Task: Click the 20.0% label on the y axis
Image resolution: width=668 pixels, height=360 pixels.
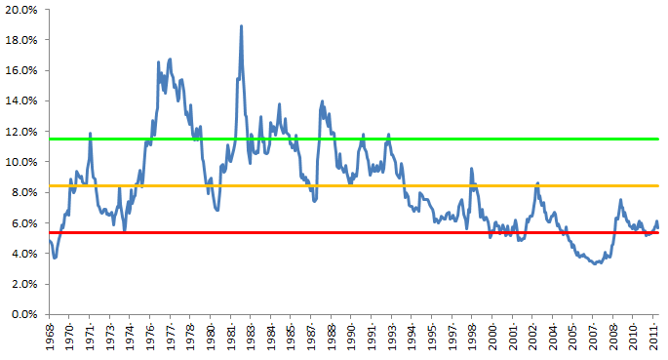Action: click(x=20, y=10)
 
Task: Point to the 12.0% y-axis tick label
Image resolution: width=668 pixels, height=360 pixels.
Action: click(x=20, y=131)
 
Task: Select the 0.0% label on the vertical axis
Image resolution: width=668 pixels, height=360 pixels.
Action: click(x=23, y=314)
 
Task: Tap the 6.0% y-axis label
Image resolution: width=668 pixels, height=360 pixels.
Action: click(x=23, y=222)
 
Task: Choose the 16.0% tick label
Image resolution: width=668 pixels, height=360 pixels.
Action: click(x=20, y=70)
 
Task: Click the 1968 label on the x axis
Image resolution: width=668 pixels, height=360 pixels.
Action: click(x=50, y=338)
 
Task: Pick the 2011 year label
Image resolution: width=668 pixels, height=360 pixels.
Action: click(x=654, y=338)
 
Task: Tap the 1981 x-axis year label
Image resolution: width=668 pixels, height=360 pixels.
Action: click(x=231, y=338)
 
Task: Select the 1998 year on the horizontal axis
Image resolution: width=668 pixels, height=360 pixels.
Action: click(x=472, y=338)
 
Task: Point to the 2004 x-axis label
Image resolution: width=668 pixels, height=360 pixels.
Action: click(x=554, y=338)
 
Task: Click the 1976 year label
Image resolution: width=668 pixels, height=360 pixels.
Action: click(x=150, y=338)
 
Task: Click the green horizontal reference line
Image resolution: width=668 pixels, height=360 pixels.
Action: click(x=390, y=139)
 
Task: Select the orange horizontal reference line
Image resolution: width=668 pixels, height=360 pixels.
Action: click(x=390, y=185)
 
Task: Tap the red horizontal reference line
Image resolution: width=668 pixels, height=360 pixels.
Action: click(x=390, y=232)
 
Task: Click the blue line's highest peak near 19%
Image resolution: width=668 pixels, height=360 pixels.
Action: click(x=241, y=26)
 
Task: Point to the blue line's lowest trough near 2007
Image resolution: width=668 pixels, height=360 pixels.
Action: click(x=596, y=263)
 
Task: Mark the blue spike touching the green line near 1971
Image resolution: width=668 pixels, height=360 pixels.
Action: click(x=91, y=134)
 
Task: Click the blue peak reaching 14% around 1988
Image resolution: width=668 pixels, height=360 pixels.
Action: click(x=322, y=100)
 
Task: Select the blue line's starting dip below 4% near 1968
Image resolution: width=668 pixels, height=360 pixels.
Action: click(x=55, y=258)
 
